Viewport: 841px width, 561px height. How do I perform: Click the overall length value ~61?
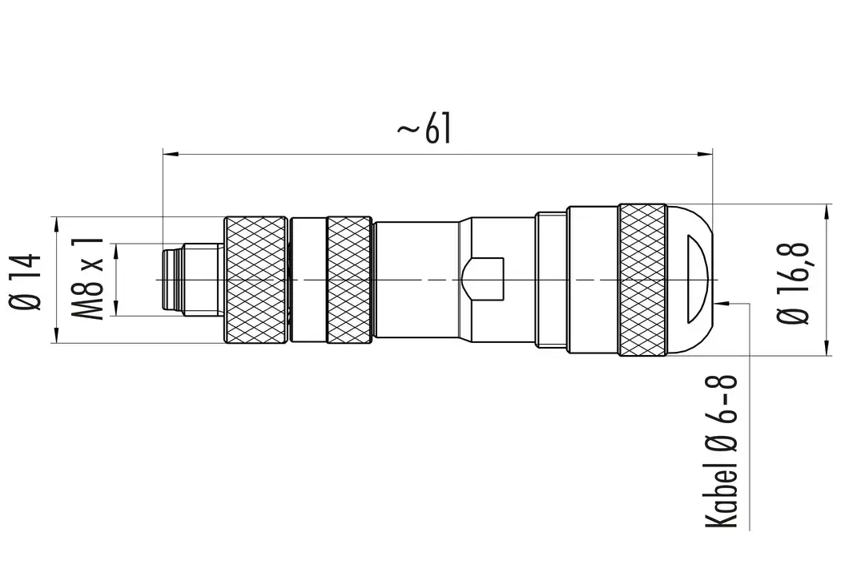[424, 129]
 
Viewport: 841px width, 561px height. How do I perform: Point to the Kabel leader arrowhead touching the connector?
[723, 303]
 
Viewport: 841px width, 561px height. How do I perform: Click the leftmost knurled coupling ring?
[256, 280]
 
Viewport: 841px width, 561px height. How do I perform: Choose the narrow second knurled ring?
[349, 280]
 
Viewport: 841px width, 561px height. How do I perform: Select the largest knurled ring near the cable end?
[642, 280]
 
